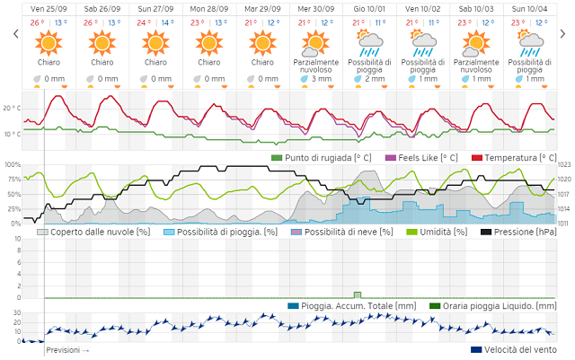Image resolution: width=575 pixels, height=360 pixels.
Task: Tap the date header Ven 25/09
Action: click(48, 9)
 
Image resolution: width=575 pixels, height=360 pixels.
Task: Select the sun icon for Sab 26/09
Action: click(102, 41)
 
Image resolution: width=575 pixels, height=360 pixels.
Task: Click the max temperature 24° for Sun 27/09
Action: click(143, 22)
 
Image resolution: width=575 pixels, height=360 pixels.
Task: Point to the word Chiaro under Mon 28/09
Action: click(208, 63)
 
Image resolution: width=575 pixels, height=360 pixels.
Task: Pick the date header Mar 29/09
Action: click(262, 9)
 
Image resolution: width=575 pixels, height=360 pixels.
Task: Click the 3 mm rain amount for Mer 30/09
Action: click(322, 79)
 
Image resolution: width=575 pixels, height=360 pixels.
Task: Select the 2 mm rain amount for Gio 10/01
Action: click(375, 79)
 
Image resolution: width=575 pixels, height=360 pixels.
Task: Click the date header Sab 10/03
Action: click(476, 9)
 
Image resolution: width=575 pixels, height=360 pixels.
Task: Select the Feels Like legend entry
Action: click(421, 158)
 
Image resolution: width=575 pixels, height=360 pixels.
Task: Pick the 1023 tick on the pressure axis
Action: click(564, 165)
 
